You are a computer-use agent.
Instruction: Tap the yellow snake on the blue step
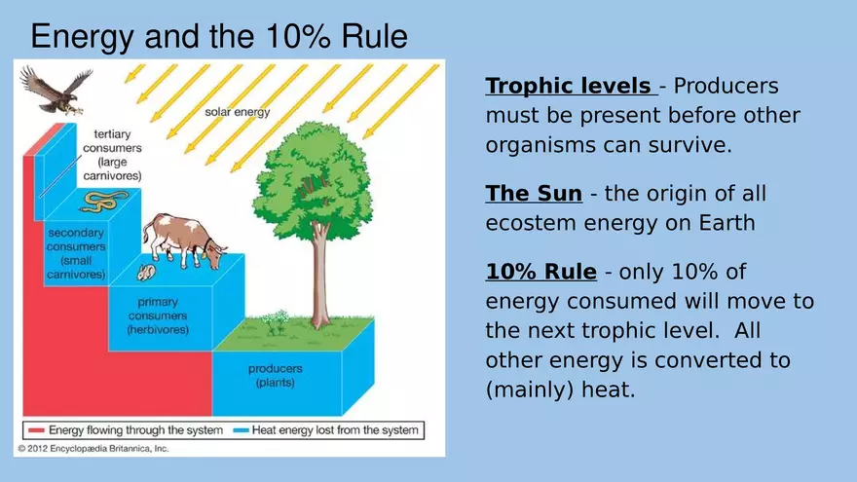click(x=104, y=201)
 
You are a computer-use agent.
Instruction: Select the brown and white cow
click(x=184, y=241)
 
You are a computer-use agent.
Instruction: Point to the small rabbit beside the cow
click(x=146, y=272)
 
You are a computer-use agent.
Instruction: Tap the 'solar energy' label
click(x=238, y=112)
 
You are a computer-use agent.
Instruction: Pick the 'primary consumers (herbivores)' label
click(x=158, y=315)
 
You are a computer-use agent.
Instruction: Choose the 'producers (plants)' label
click(x=275, y=376)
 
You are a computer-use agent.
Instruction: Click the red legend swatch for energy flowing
click(x=36, y=430)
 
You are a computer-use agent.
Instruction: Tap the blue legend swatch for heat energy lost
click(x=241, y=430)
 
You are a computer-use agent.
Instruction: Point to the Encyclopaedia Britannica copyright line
click(x=93, y=449)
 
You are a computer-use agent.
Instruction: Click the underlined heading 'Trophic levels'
click(x=571, y=86)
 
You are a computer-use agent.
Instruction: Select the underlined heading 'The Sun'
click(x=534, y=194)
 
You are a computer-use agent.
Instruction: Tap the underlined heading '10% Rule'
click(x=541, y=272)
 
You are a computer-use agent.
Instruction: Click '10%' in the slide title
click(x=298, y=36)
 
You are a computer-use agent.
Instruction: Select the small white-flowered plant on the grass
click(x=276, y=321)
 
